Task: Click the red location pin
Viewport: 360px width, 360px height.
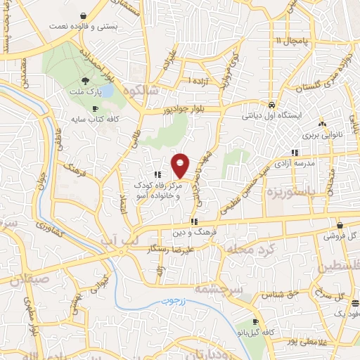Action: click(x=181, y=165)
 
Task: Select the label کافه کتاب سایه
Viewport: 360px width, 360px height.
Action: click(x=91, y=119)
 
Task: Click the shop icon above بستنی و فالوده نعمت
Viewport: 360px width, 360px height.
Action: click(x=84, y=15)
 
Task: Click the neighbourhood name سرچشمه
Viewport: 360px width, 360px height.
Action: click(x=223, y=289)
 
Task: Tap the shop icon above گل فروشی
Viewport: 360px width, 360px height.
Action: click(x=340, y=226)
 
